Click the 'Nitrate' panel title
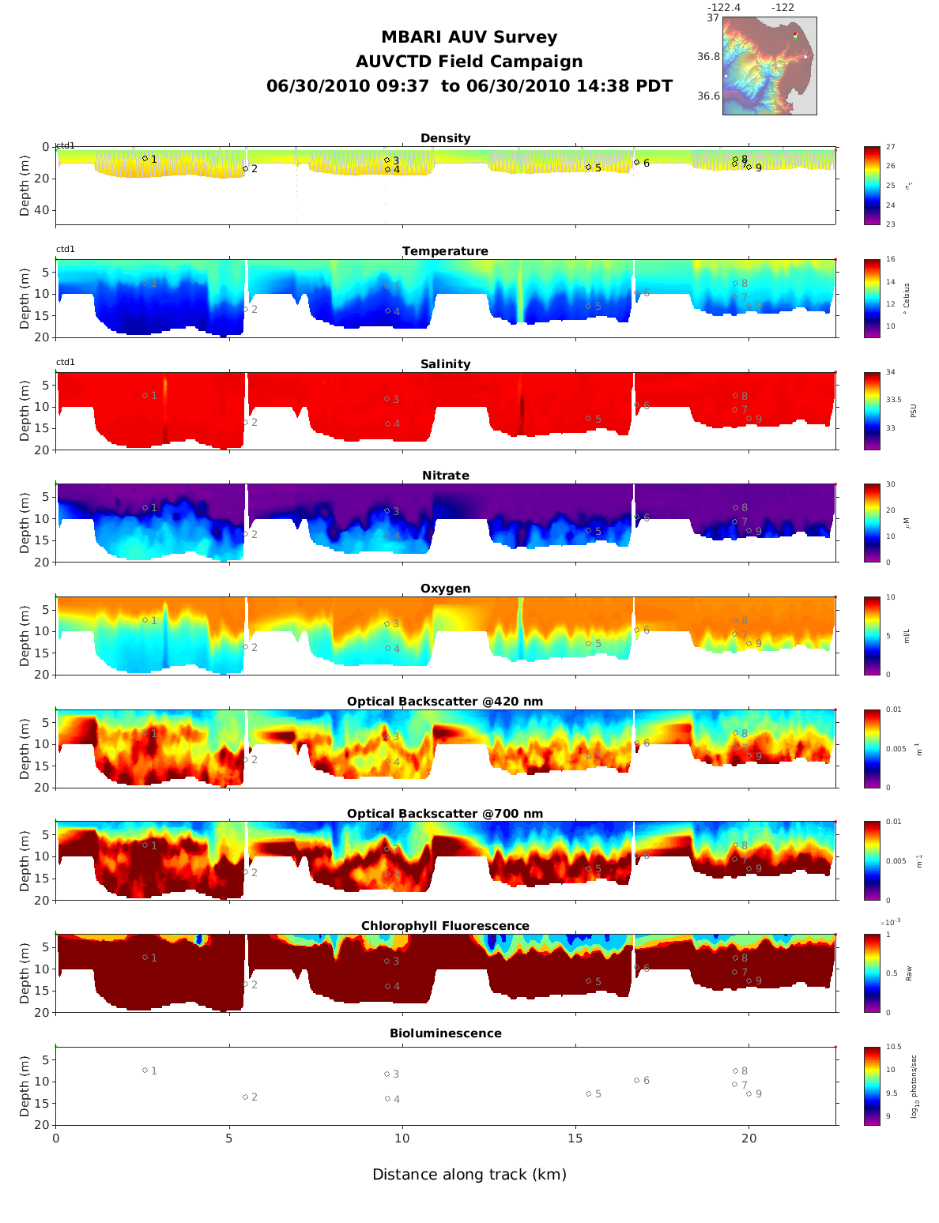tap(445, 476)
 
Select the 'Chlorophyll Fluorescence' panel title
tap(445, 926)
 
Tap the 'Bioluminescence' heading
tap(445, 1033)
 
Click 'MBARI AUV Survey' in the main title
tap(469, 37)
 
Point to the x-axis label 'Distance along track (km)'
tap(469, 1175)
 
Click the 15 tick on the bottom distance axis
tap(575, 1138)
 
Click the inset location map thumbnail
tap(769, 66)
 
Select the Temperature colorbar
tap(872, 298)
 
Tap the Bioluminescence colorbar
tap(872, 1086)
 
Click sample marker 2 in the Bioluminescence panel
tap(246, 1097)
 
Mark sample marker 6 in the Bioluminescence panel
tap(636, 1080)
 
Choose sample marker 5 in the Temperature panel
tap(588, 307)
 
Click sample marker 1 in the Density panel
tap(145, 158)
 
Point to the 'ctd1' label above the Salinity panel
tap(66, 362)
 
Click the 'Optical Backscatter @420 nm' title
tap(445, 702)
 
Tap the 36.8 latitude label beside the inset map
tap(708, 57)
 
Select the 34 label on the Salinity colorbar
tap(890, 372)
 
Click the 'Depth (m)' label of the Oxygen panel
tap(25, 635)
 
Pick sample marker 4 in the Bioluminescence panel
tap(387, 1098)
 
